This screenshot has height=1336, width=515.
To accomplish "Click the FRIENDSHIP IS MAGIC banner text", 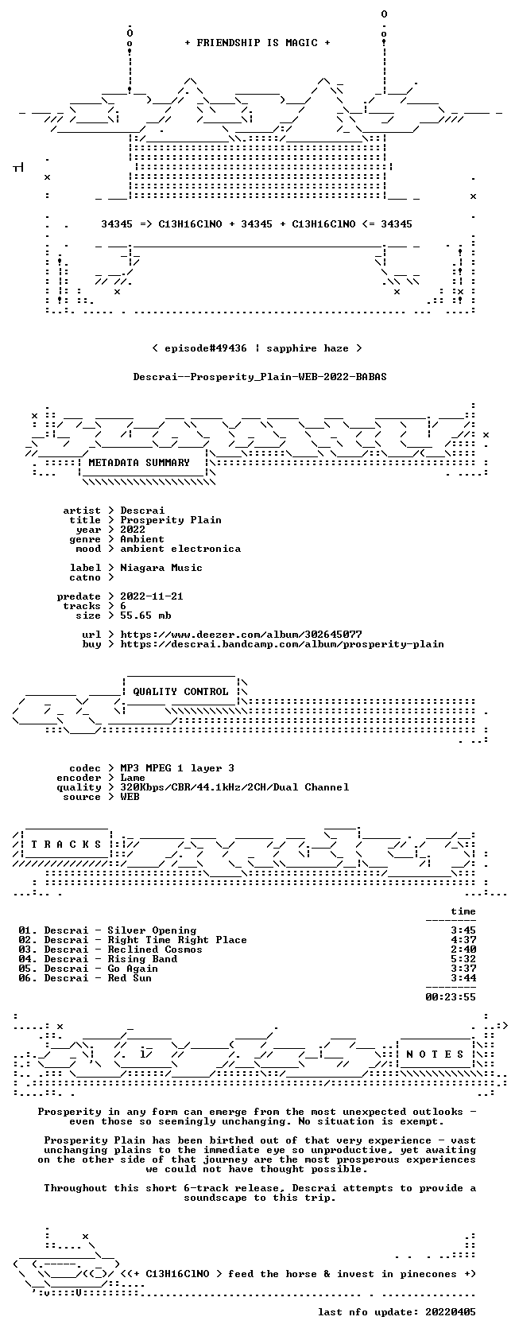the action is (257, 43).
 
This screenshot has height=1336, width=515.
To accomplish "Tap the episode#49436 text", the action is (206, 348).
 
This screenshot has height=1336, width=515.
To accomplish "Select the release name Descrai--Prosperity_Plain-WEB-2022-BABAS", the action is (260, 377).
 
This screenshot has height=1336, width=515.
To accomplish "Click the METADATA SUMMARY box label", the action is (139, 463).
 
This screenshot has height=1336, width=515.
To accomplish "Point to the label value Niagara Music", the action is (161, 568).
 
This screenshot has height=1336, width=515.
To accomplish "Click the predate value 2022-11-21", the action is (152, 596).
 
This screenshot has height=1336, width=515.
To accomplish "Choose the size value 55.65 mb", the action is (145, 616).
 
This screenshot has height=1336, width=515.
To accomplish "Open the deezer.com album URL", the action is (241, 635).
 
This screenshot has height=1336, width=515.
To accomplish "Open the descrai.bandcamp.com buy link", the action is (282, 644).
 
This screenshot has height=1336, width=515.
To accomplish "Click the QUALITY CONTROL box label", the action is (180, 692).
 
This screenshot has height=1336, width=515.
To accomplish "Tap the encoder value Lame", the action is (133, 778).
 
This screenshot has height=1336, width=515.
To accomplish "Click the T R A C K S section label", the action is (66, 845).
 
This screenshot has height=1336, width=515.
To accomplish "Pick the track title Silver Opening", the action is (152, 930).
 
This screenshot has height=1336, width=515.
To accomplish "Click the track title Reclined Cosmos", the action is (155, 950).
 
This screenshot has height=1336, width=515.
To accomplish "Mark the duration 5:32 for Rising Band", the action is (463, 959).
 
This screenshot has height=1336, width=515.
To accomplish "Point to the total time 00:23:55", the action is (451, 997).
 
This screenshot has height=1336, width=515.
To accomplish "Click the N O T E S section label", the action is (435, 1054).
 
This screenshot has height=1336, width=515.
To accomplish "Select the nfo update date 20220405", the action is (451, 1312).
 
